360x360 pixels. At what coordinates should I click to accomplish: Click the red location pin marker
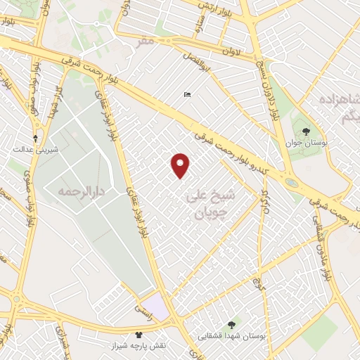[x=181, y=165]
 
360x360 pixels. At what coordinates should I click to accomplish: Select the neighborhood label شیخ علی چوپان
[x=210, y=203]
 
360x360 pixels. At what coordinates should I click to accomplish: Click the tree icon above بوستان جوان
[x=305, y=131]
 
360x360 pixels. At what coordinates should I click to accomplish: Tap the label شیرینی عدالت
[x=30, y=150]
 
